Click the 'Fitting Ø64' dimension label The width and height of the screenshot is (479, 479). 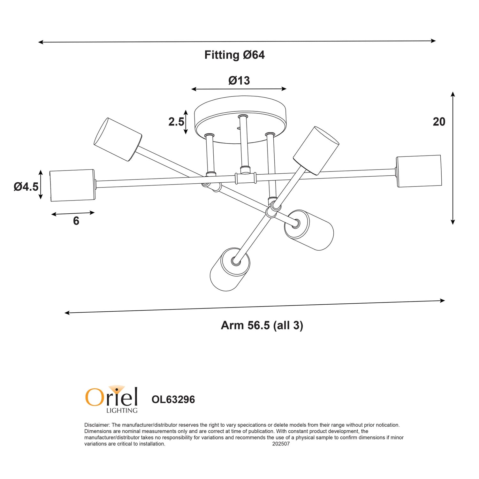tap(234, 55)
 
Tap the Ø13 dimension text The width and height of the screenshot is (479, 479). tap(239, 80)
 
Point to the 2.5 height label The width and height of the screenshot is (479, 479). tap(176, 122)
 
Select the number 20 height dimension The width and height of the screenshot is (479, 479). tap(439, 122)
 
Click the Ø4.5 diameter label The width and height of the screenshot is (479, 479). tap(26, 186)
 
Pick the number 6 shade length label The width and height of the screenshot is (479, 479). tap(76, 221)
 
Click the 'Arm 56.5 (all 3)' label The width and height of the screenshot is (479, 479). tap(262, 325)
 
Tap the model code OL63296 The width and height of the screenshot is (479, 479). tap(173, 399)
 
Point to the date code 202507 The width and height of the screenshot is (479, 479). tap(281, 444)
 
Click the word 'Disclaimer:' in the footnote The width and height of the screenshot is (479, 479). tap(97, 425)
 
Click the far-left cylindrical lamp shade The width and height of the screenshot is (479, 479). tap(72, 185)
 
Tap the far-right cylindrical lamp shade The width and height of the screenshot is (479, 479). tap(419, 171)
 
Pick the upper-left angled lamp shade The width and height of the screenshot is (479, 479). tap(118, 139)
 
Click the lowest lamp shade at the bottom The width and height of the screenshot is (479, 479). tap(230, 270)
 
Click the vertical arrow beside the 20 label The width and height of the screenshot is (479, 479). tap(452, 158)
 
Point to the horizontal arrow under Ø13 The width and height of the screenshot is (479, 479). tap(239, 89)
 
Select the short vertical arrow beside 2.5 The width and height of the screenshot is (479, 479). tap(186, 122)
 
